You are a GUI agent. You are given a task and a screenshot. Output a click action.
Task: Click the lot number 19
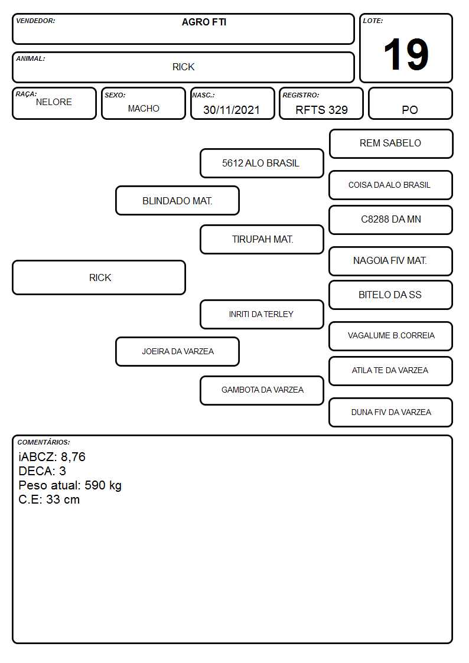(x=406, y=54)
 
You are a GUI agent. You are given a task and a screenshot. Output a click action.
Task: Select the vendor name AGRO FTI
(x=204, y=22)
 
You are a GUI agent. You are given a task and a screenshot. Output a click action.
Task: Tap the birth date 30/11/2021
(x=232, y=110)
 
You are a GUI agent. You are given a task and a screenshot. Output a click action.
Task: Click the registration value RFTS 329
(x=321, y=110)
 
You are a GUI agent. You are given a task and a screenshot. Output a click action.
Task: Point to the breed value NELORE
(x=54, y=102)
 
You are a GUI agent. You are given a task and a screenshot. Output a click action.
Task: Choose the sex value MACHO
(x=144, y=109)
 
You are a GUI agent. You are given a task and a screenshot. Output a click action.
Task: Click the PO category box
(x=410, y=103)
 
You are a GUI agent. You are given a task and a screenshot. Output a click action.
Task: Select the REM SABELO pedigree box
(x=391, y=144)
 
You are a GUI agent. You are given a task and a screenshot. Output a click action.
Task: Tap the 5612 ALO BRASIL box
(x=262, y=163)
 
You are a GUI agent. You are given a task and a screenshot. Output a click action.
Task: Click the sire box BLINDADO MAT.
(x=177, y=200)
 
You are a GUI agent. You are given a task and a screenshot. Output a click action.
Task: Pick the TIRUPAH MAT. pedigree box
(x=262, y=239)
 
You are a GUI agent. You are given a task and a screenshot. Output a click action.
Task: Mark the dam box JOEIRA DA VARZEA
(x=177, y=351)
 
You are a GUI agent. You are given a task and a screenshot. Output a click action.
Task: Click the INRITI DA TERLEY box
(x=262, y=314)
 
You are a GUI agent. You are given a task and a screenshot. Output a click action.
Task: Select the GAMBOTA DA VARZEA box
(x=262, y=390)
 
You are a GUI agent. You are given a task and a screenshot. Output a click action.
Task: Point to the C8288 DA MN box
(x=391, y=220)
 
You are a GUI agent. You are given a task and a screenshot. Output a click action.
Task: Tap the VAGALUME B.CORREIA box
(x=391, y=336)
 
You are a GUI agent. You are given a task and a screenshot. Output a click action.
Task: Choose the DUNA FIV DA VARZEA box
(x=391, y=412)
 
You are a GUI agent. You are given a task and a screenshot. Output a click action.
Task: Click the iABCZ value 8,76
(x=73, y=457)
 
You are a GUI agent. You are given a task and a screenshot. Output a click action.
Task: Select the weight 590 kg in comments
(x=103, y=485)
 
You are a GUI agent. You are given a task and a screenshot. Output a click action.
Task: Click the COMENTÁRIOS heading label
(x=44, y=442)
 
